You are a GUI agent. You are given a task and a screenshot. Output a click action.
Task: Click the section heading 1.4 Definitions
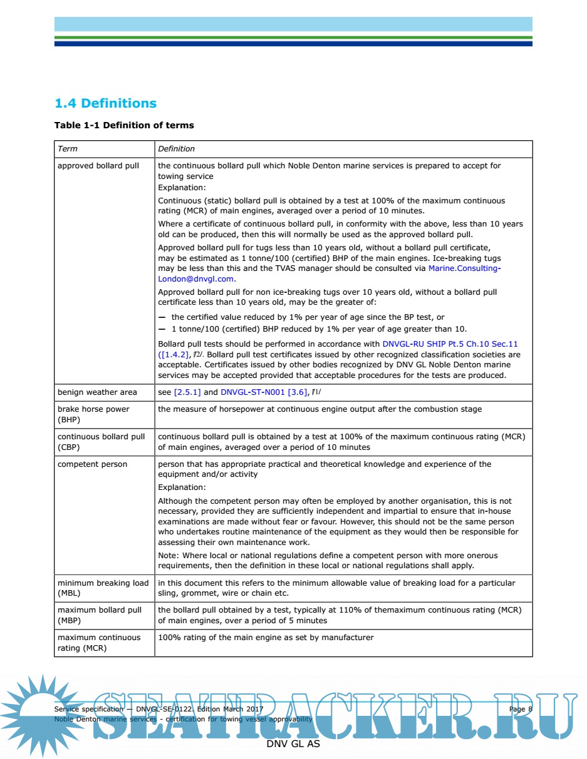[x=105, y=103]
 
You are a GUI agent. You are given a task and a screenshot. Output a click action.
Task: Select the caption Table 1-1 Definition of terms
[x=124, y=125]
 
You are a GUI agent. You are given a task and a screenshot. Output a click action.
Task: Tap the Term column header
[x=68, y=149]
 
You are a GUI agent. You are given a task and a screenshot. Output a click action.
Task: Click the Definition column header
[x=176, y=149]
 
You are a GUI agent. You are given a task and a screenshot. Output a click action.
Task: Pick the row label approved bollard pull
[x=98, y=166]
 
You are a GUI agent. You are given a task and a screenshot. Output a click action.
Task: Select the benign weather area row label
[x=97, y=392]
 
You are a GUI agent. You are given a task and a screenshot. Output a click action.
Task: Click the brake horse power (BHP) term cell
[x=93, y=414]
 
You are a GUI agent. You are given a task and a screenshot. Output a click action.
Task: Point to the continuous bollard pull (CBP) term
[x=101, y=442]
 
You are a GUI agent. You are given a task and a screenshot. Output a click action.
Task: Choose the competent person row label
[x=92, y=464]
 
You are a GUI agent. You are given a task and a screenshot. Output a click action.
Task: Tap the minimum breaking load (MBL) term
[x=103, y=588]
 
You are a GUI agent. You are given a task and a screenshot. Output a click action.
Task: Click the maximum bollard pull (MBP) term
[x=100, y=615]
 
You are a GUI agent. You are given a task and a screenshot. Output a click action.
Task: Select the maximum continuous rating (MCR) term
[x=99, y=643]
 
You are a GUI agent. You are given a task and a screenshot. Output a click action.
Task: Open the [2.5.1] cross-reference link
[x=187, y=392]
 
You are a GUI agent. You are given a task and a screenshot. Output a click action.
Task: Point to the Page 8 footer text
[x=520, y=709]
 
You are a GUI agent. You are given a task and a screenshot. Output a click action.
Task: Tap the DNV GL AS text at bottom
[x=293, y=744]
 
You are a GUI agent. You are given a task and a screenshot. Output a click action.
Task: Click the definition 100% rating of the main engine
[x=266, y=638]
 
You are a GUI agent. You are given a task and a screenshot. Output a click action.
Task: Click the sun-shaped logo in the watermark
[x=41, y=713]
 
